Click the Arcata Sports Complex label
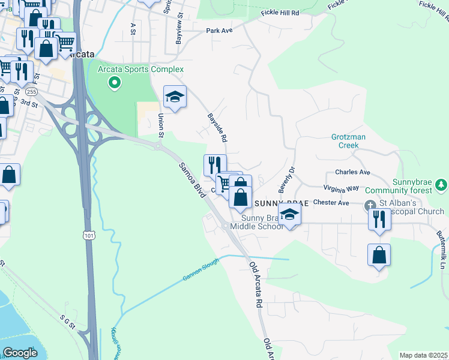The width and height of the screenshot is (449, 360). [x=141, y=70]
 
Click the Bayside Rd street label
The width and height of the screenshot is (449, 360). [x=217, y=127]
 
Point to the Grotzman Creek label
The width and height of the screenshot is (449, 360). [x=348, y=141]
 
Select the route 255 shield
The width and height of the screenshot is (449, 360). [x=31, y=92]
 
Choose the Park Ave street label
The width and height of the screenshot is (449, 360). [x=218, y=30]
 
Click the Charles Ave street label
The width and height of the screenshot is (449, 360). [x=352, y=172]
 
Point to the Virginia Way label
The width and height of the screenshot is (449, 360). [x=342, y=188]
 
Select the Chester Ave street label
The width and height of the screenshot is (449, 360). [x=331, y=203]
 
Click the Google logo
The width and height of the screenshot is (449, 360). [x=20, y=353]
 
